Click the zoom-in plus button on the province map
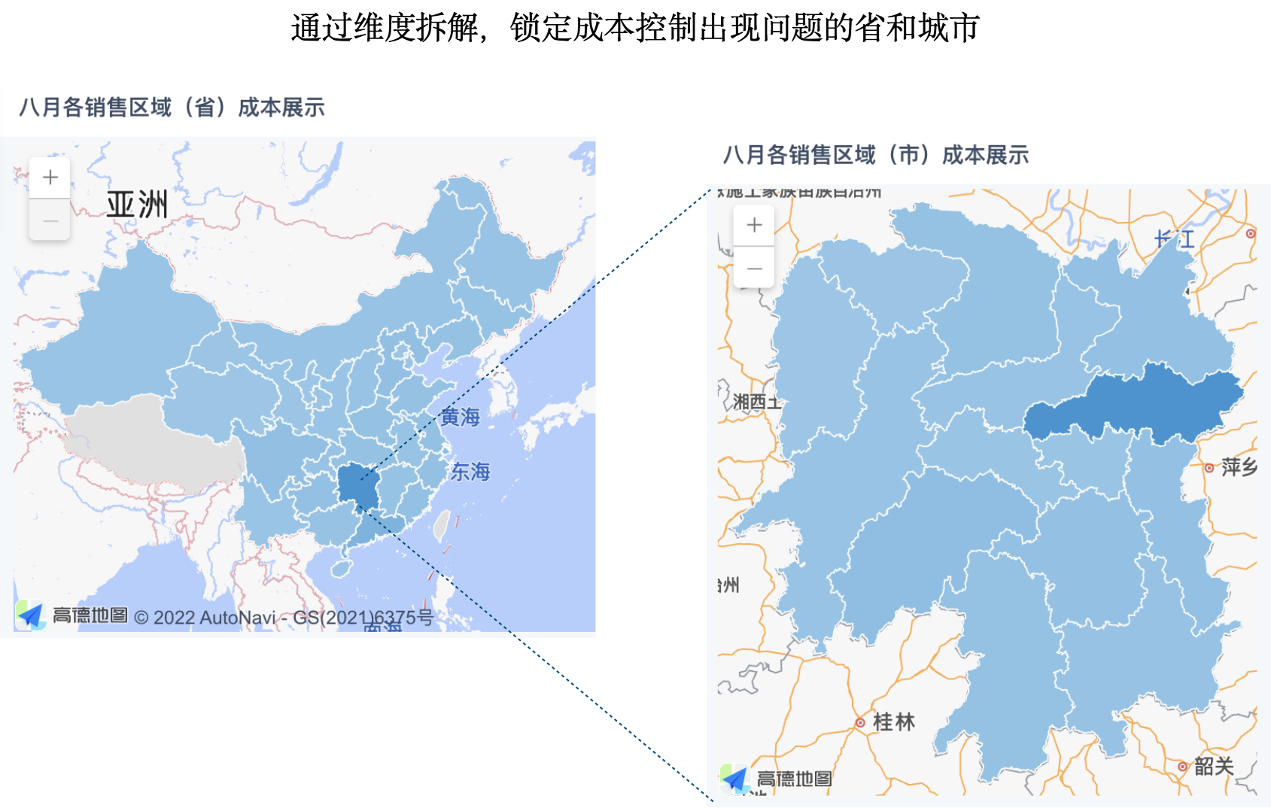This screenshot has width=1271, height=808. [x=50, y=178]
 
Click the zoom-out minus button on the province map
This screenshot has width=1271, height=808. [x=50, y=220]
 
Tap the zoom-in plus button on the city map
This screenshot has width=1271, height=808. [x=754, y=225]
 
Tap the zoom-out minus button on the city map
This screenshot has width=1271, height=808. [x=754, y=268]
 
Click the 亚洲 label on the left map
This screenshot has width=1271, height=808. [x=137, y=205]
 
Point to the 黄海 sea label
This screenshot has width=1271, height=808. [x=460, y=417]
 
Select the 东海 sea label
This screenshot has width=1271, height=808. [x=470, y=472]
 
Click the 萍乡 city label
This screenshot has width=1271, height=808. [x=1239, y=467]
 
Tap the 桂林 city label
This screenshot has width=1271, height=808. [x=893, y=722]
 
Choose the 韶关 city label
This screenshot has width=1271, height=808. [x=1214, y=766]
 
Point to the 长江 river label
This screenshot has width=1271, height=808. [x=1175, y=240]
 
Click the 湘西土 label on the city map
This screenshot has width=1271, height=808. [x=756, y=402]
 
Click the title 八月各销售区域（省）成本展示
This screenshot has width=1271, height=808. [x=172, y=108]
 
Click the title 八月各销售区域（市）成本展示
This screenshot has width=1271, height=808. [x=876, y=156]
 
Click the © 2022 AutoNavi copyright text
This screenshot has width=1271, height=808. [x=214, y=618]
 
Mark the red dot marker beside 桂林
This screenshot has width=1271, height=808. [x=860, y=723]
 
